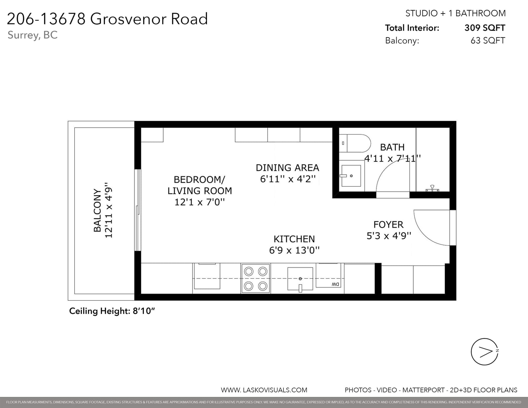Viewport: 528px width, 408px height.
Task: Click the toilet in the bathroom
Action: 355,143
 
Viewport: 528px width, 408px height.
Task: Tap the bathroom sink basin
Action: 351,176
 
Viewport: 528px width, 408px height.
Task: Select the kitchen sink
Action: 300,279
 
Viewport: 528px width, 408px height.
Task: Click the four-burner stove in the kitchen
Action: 256,278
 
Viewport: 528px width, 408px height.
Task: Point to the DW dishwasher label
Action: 335,284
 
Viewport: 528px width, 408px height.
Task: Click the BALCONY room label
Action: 97,210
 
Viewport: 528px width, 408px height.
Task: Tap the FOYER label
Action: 388,225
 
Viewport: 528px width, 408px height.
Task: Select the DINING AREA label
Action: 287,168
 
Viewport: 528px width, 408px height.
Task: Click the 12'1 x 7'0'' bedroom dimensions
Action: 200,202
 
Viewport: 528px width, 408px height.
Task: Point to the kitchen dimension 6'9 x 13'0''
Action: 294,250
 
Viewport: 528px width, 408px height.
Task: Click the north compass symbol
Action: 484,352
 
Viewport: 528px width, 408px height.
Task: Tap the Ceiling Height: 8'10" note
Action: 112,311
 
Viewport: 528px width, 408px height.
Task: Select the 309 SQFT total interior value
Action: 485,28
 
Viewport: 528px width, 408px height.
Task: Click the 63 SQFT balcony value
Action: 488,41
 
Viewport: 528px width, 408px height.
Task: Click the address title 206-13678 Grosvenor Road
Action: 107,19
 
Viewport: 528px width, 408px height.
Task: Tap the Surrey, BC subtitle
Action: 33,35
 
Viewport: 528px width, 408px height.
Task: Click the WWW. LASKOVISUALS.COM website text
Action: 264,390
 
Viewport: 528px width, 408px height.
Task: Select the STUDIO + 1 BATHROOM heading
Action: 456,13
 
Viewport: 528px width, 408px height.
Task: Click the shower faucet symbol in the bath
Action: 432,188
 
